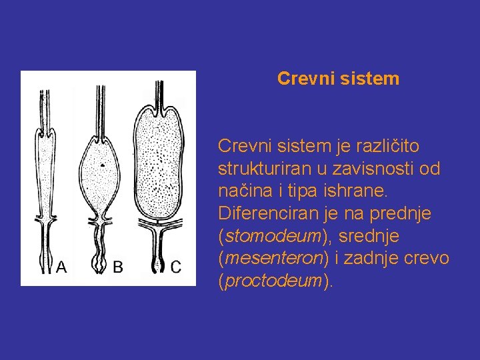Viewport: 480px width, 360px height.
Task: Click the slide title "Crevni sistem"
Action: pos(338,79)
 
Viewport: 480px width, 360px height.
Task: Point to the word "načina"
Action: pos(243,191)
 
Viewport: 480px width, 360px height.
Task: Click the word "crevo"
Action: pos(430,259)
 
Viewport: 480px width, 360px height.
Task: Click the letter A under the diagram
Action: pos(61,268)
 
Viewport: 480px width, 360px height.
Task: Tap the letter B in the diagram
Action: pos(117,268)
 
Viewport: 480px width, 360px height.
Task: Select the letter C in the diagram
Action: pos(176,268)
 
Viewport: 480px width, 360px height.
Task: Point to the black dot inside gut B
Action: pos(101,163)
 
